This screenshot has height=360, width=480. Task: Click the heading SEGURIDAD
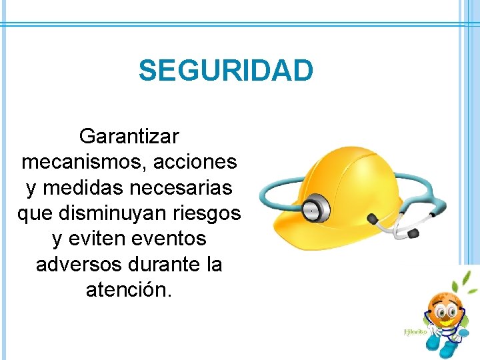point(225,71)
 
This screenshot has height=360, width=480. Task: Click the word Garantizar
point(129,137)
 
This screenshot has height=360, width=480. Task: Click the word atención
point(129,289)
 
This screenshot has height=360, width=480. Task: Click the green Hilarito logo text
point(415,331)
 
